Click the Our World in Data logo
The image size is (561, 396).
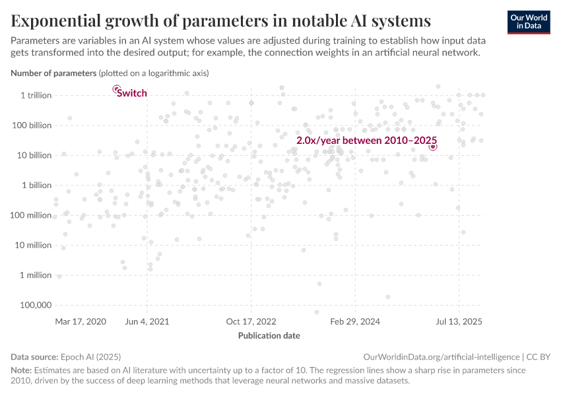529,21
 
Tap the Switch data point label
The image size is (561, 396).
132,93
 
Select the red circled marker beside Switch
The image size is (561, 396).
116,88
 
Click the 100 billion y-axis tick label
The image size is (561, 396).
32,125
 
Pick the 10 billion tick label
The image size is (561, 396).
34,155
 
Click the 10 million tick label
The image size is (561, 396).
34,245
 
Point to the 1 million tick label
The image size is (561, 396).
36,275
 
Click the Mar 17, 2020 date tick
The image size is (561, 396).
81,321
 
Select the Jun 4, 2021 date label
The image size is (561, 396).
147,321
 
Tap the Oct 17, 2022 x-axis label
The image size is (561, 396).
251,321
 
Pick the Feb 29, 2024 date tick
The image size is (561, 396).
355,321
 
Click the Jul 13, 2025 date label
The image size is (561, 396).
459,321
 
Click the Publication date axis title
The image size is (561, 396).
269,335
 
